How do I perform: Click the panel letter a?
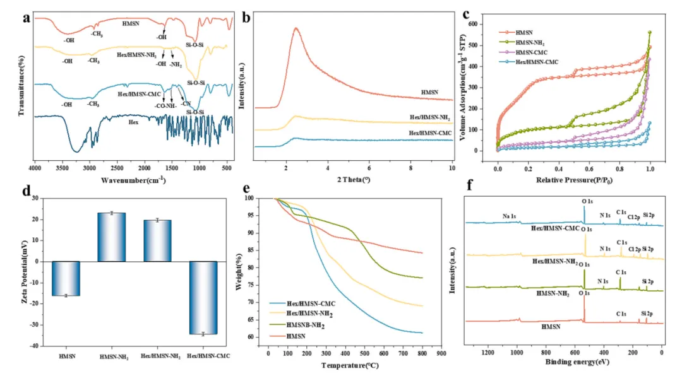[27, 17]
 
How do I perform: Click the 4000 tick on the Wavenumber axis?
[35, 168]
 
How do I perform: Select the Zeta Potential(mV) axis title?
[23, 272]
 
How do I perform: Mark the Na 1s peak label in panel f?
[512, 216]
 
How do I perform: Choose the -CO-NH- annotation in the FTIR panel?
[164, 106]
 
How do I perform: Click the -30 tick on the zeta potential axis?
[39, 325]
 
